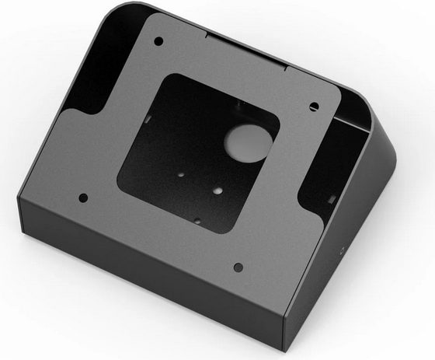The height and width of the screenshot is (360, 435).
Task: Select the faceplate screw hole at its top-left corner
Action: point(158,40)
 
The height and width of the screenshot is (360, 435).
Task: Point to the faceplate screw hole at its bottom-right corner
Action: point(238,267)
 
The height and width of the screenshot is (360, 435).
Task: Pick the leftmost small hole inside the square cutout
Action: point(180,176)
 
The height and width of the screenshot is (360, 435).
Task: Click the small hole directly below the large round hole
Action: point(218,189)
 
